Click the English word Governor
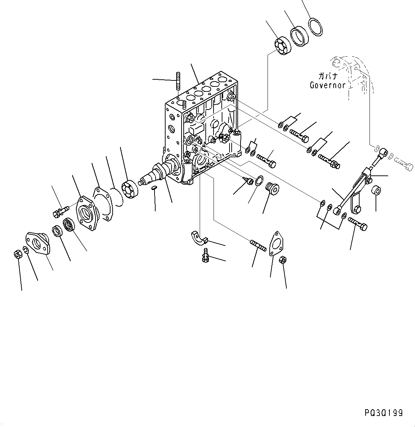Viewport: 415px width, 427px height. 327,85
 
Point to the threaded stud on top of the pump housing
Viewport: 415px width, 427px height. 178,81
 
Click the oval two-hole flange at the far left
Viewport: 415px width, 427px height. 38,243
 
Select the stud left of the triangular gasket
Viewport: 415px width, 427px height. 258,246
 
